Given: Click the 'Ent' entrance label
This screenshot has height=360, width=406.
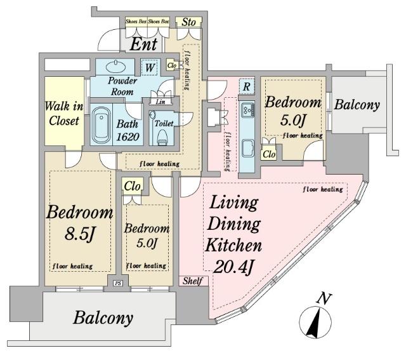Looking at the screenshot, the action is tap(144, 44).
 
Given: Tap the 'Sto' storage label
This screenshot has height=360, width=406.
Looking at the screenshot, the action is tap(188, 22).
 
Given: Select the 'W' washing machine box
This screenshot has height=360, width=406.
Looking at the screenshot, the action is tap(150, 68).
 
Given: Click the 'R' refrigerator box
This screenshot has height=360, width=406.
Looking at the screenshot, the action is tap(247, 86).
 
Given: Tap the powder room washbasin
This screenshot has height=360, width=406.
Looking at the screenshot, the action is tap(115, 67).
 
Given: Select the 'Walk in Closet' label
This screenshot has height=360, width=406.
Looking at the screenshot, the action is tap(64, 114).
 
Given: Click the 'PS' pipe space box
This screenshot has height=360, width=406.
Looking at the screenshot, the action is tap(118, 283).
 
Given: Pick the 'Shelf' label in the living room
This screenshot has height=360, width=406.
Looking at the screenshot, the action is tap(193, 281).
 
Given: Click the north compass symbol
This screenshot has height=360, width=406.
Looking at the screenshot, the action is tap(315, 321).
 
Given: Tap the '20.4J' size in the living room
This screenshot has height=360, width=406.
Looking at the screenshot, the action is tap(233, 267).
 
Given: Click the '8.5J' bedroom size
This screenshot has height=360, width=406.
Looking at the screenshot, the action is tap(79, 234).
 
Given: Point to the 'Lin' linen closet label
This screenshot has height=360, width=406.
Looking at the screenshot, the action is tap(160, 102).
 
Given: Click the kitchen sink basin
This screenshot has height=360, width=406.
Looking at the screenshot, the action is tap(248, 148).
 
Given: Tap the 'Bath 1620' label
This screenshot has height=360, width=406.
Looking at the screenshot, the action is tap(128, 130).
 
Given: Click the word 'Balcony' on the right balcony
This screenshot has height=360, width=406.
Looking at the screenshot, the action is tap(357, 105).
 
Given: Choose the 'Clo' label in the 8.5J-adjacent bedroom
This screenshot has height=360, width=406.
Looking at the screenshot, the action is tap(133, 186).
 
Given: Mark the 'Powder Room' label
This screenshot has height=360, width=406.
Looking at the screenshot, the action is tap(122, 86).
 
